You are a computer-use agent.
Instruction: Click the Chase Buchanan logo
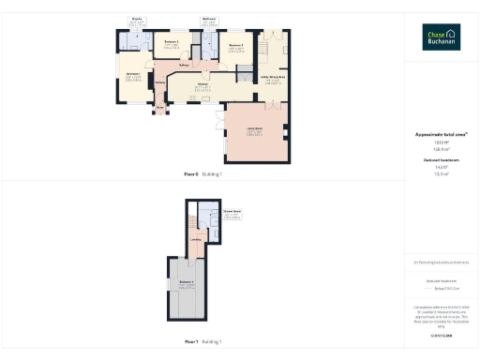[440, 37]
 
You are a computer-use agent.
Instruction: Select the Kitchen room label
[202, 86]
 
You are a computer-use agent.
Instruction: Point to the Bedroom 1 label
[132, 74]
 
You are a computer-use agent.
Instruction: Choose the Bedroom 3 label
[235, 44]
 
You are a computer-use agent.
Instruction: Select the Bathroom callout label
[208, 19]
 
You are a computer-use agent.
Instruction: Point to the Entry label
[159, 108]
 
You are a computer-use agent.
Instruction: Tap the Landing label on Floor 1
[196, 240]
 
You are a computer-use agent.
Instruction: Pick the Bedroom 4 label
[186, 283]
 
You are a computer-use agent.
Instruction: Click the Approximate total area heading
[441, 134]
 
